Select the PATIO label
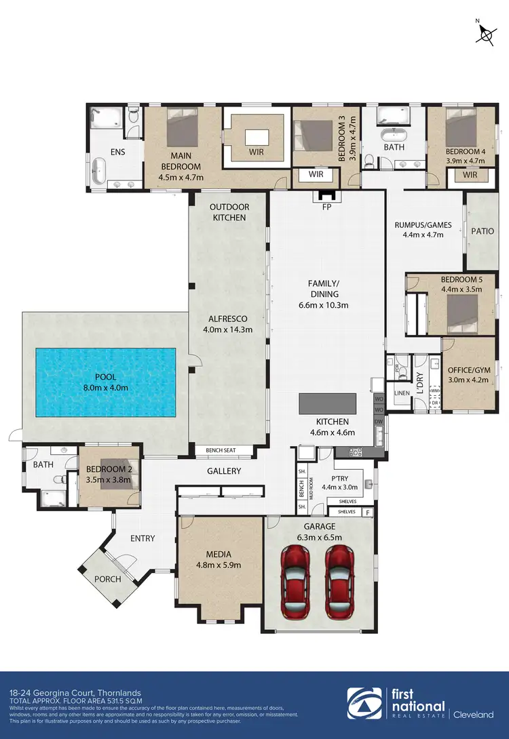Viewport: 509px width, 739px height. [482, 231]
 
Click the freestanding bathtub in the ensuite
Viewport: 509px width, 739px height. [100, 171]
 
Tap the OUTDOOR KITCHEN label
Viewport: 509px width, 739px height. [227, 212]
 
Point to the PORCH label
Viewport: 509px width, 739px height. [108, 579]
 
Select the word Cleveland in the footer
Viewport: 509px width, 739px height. [474, 714]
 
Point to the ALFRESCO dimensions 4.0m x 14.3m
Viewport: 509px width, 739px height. [227, 330]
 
